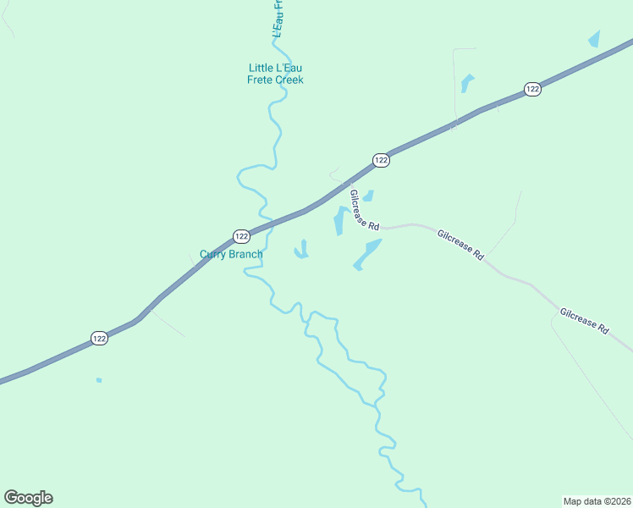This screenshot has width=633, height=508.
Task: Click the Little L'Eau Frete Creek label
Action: (275, 74)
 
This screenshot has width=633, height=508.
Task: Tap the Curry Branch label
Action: (231, 254)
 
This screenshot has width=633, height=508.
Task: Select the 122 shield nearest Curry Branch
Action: (241, 236)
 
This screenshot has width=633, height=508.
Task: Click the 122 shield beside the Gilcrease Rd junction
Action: (381, 160)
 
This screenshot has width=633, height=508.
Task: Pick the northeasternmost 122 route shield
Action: (531, 89)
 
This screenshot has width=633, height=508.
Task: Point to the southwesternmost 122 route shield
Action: (99, 338)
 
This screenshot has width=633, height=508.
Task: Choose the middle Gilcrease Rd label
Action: (460, 244)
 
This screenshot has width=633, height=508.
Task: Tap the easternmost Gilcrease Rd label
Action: (584, 320)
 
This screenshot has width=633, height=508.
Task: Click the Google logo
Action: (28, 498)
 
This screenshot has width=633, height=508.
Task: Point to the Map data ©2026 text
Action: (596, 500)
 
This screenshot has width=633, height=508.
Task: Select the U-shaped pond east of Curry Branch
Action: (301, 251)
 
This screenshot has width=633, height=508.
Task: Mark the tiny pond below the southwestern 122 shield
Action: (99, 380)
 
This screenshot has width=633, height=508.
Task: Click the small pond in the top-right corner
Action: (594, 39)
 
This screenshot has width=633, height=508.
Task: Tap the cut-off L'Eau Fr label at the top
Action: (277, 18)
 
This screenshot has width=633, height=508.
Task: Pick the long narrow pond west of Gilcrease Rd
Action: (339, 221)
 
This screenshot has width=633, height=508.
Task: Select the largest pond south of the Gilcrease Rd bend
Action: (367, 253)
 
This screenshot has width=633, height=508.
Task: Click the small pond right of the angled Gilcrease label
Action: (368, 196)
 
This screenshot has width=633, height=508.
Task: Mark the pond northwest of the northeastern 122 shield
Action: (466, 83)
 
